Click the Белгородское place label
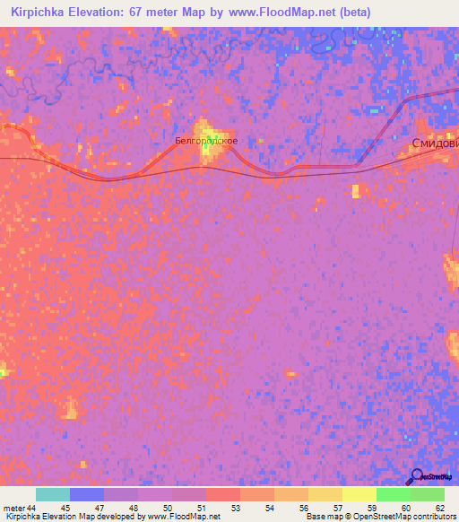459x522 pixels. click(x=206, y=141)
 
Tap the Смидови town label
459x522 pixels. click(x=434, y=144)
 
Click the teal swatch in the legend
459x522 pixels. click(x=53, y=494)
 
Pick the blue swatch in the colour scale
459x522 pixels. click(x=87, y=494)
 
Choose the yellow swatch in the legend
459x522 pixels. click(x=359, y=494)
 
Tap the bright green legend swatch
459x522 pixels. click(x=393, y=494)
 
